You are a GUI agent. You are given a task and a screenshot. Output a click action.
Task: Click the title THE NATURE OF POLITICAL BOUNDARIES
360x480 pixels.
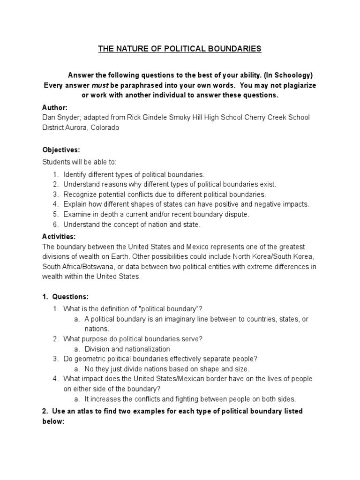(x=180, y=49)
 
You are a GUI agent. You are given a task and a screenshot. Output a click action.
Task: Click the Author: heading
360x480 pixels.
(x=55, y=107)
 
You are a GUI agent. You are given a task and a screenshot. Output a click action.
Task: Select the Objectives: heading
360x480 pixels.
(x=61, y=150)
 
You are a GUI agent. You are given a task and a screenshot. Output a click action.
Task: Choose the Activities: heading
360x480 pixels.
(x=59, y=237)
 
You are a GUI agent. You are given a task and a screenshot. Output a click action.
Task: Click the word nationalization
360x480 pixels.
(x=146, y=349)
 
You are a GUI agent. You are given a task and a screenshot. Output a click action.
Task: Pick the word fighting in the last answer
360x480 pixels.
(x=198, y=399)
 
